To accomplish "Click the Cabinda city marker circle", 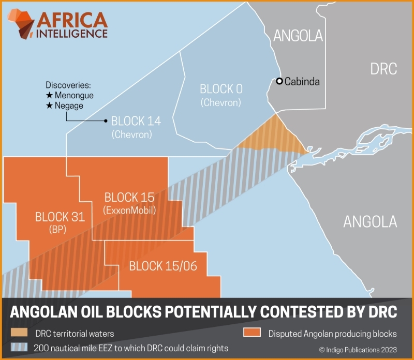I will [279, 81].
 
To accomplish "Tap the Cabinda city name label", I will [302, 81].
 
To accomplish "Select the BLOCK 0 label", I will [221, 89].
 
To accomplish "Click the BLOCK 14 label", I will [136, 121].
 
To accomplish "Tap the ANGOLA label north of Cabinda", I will [298, 36].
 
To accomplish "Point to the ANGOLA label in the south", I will [370, 222].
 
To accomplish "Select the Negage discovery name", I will [65, 106].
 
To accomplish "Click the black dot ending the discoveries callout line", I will [106, 121].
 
